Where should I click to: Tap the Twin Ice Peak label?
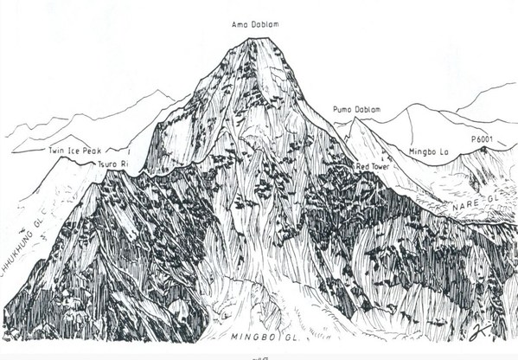click(79, 151)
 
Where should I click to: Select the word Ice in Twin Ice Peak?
click(79, 151)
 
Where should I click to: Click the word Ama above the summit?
click(239, 24)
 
